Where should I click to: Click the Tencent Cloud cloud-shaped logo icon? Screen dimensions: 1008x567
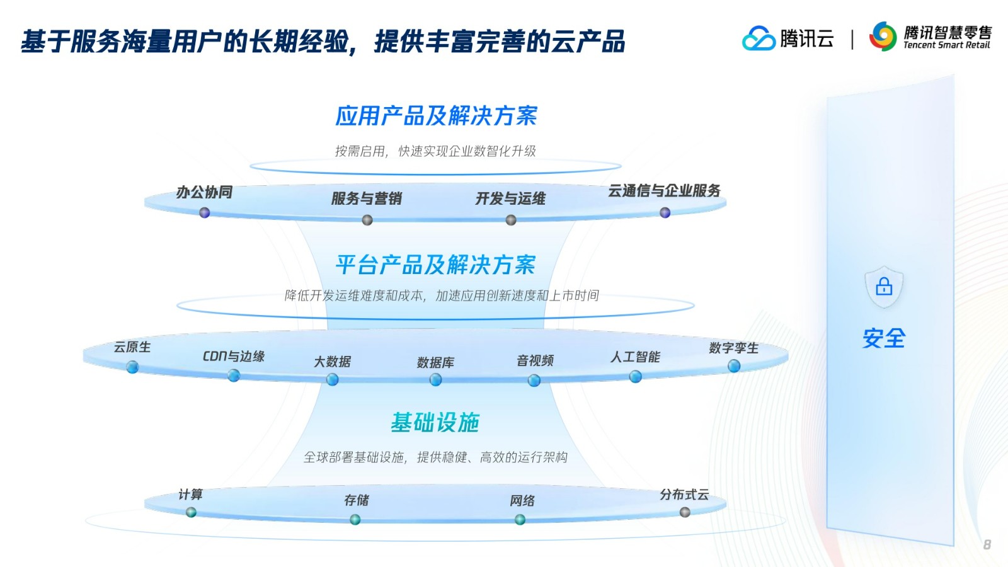759,38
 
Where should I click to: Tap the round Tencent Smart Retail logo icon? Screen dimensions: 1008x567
883,37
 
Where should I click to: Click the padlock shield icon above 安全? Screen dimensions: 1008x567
884,287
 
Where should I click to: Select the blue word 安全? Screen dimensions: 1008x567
884,338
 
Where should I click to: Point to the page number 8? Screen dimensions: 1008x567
987,544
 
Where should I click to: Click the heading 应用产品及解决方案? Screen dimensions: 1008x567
436,116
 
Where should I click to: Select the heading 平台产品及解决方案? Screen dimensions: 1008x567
435,265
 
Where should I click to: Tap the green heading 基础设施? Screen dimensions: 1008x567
435,423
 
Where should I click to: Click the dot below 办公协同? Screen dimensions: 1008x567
204,212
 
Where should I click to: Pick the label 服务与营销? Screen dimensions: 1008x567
366,198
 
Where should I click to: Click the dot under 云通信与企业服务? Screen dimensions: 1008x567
665,212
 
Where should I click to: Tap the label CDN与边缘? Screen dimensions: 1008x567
234,357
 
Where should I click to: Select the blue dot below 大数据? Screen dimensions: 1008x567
332,380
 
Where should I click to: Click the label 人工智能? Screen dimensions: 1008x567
635,357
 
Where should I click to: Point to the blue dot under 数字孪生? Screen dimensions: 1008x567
734,366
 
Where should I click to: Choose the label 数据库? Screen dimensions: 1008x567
435,363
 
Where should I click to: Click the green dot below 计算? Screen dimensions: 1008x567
191,512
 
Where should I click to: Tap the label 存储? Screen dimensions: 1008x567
356,500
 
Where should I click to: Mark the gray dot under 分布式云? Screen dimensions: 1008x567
685,512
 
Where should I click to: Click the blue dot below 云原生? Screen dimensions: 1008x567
132,367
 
